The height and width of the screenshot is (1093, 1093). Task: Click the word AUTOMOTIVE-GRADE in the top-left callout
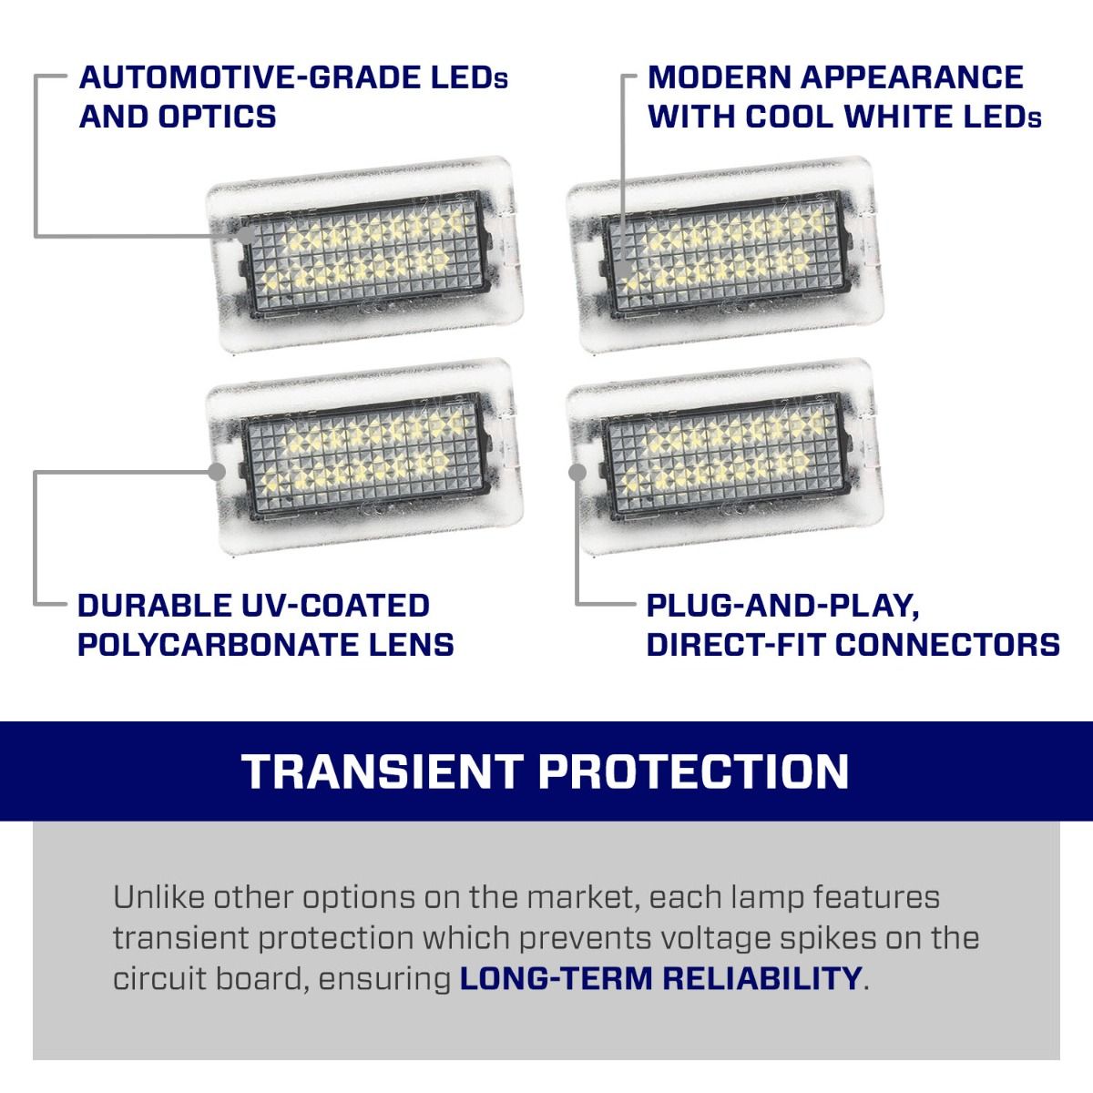(x=250, y=77)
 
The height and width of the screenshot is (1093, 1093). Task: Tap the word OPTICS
(x=218, y=117)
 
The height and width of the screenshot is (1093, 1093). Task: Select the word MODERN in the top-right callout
(x=719, y=77)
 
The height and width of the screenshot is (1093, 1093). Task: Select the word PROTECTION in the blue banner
(x=693, y=772)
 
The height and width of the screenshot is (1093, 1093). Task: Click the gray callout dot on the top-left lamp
(x=246, y=235)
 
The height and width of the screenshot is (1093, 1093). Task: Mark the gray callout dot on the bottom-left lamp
(x=217, y=471)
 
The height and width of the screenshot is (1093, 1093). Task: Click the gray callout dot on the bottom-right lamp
(x=577, y=472)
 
